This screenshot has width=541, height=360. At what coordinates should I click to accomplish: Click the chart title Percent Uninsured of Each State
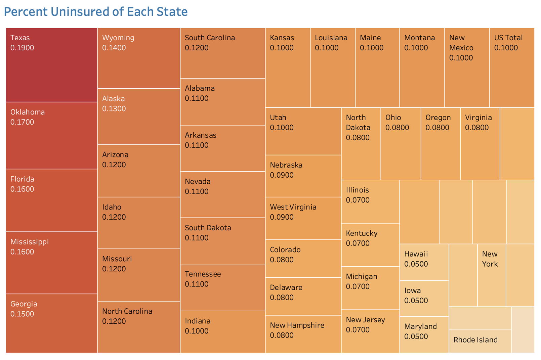coord(96,12)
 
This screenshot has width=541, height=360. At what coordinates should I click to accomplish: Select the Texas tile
coord(52,65)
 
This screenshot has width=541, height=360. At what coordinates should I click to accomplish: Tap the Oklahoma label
coord(28,112)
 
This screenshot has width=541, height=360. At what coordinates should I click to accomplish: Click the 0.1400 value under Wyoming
coord(114,48)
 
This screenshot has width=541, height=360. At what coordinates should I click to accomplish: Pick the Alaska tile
coord(138,117)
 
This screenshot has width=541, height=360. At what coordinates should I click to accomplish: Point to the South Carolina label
coord(210,38)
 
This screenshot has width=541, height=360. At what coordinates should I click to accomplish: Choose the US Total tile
coord(512,67)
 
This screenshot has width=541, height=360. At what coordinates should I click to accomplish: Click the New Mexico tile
coord(467,67)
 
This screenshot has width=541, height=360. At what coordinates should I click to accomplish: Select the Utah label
coord(278,118)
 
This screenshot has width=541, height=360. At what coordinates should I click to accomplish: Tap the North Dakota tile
coord(361,144)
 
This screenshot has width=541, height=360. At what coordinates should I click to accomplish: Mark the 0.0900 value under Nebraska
coord(282,175)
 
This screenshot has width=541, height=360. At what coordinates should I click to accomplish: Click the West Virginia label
coord(293,207)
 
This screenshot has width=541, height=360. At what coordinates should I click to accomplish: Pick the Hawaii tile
coord(424,262)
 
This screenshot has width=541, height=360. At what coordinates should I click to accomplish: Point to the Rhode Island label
coord(475,340)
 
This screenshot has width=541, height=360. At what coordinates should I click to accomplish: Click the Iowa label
coord(413,290)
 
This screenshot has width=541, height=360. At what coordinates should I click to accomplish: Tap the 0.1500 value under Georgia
coord(22,314)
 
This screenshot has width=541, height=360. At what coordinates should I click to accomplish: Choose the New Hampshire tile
coord(303,334)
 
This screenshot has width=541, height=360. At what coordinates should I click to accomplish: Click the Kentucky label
coord(362,233)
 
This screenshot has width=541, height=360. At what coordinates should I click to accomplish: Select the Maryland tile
coord(424,334)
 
